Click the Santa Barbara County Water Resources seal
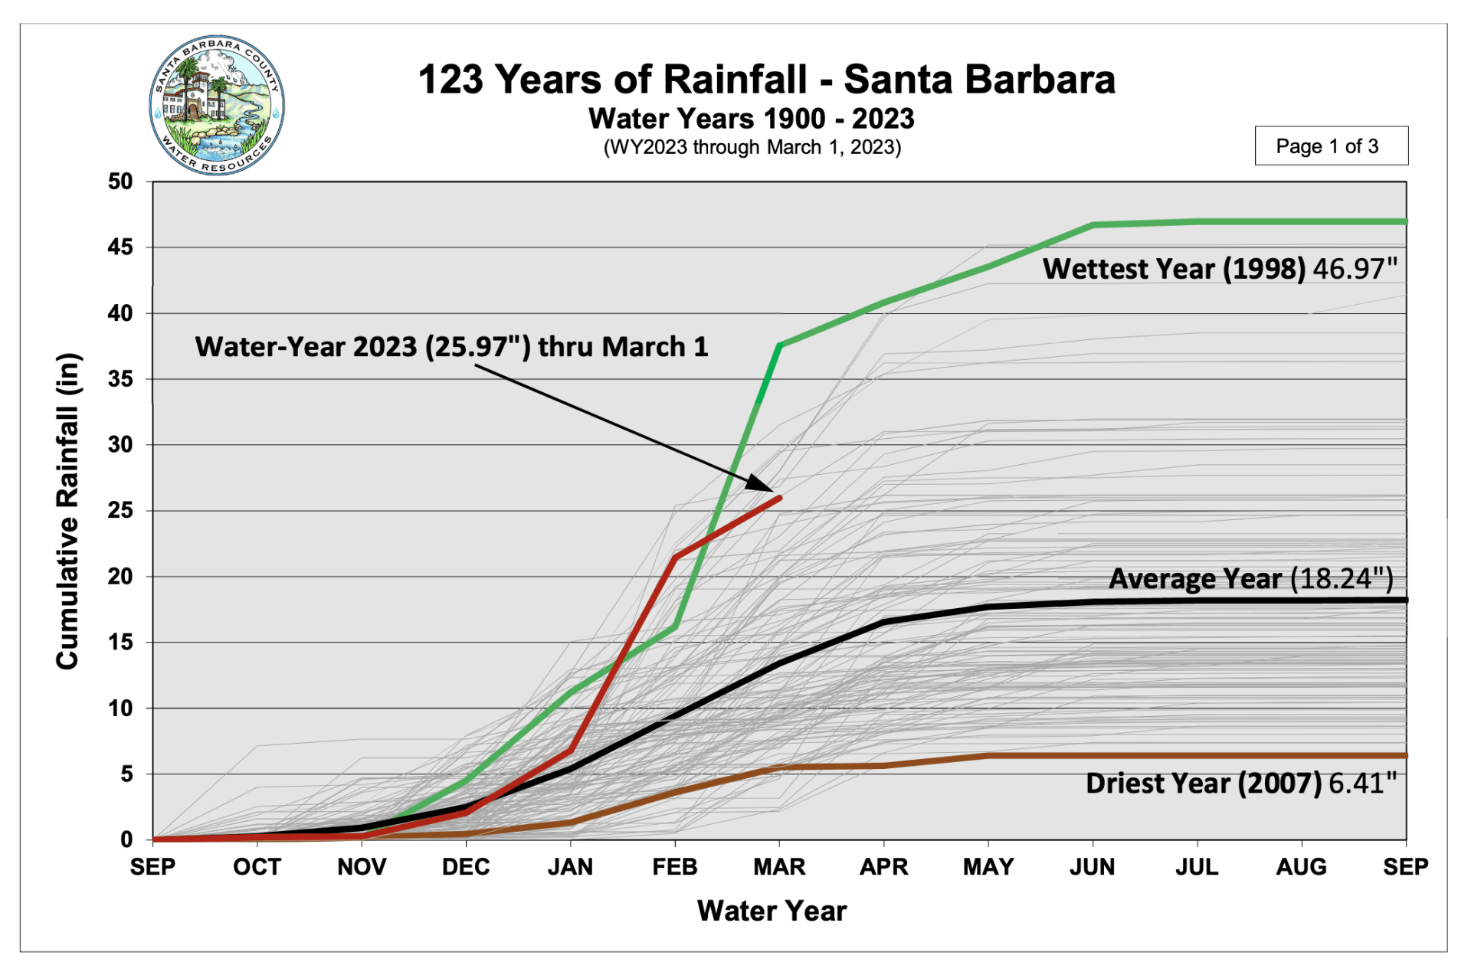click(217, 105)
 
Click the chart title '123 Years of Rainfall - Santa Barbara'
click(766, 80)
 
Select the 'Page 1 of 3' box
click(1331, 146)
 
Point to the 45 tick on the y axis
click(120, 247)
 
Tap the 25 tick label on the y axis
click(120, 510)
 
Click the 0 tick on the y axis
click(126, 839)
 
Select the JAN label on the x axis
click(570, 867)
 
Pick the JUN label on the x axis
click(1093, 867)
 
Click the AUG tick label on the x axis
click(1301, 867)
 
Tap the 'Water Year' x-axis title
click(772, 911)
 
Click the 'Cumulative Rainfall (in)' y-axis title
click(67, 511)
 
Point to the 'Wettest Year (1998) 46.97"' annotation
click(1220, 269)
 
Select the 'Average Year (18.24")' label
click(1250, 578)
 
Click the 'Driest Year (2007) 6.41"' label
click(1241, 784)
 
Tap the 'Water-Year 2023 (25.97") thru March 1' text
click(451, 347)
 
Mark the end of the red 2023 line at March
click(779, 498)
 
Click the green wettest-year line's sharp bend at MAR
click(779, 345)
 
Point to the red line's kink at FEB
click(675, 556)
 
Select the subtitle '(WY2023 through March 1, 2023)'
click(752, 147)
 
